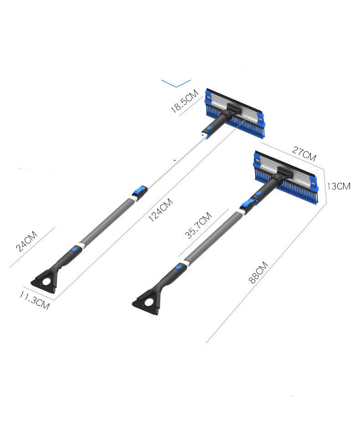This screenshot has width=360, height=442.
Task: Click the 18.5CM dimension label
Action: coord(185,101)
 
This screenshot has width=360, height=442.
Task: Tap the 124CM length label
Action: coord(160,210)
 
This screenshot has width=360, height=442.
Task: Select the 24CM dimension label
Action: coord(26,241)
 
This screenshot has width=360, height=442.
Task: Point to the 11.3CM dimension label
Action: coord(35,300)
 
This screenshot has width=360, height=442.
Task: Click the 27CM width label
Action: coord(304,154)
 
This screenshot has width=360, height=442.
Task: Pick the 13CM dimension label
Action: coord(339,186)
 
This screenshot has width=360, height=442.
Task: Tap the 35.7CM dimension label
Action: coord(198,225)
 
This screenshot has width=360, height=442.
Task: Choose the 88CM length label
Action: coord(258,272)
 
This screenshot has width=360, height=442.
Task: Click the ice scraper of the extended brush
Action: coord(46,281)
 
